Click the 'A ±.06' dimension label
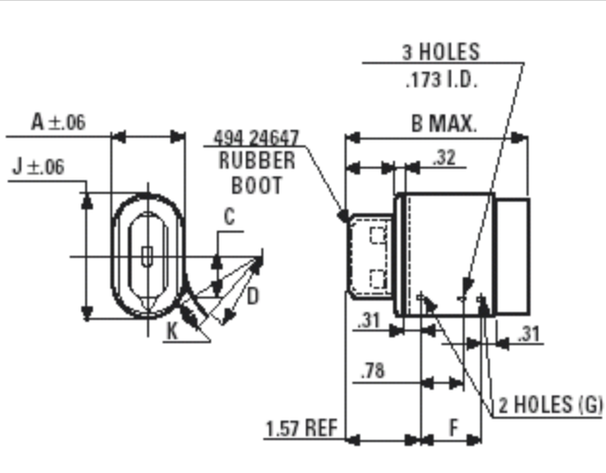click(57, 122)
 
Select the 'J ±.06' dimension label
click(38, 167)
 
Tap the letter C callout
click(228, 218)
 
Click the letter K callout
click(172, 330)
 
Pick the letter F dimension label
click(452, 426)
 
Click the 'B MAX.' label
click(443, 123)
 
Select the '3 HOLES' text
click(440, 53)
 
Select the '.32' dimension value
click(445, 157)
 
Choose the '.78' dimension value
click(374, 371)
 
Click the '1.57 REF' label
click(301, 427)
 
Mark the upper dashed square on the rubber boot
click(378, 236)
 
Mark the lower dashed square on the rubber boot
click(378, 279)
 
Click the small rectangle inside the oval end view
click(146, 257)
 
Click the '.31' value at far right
click(529, 334)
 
